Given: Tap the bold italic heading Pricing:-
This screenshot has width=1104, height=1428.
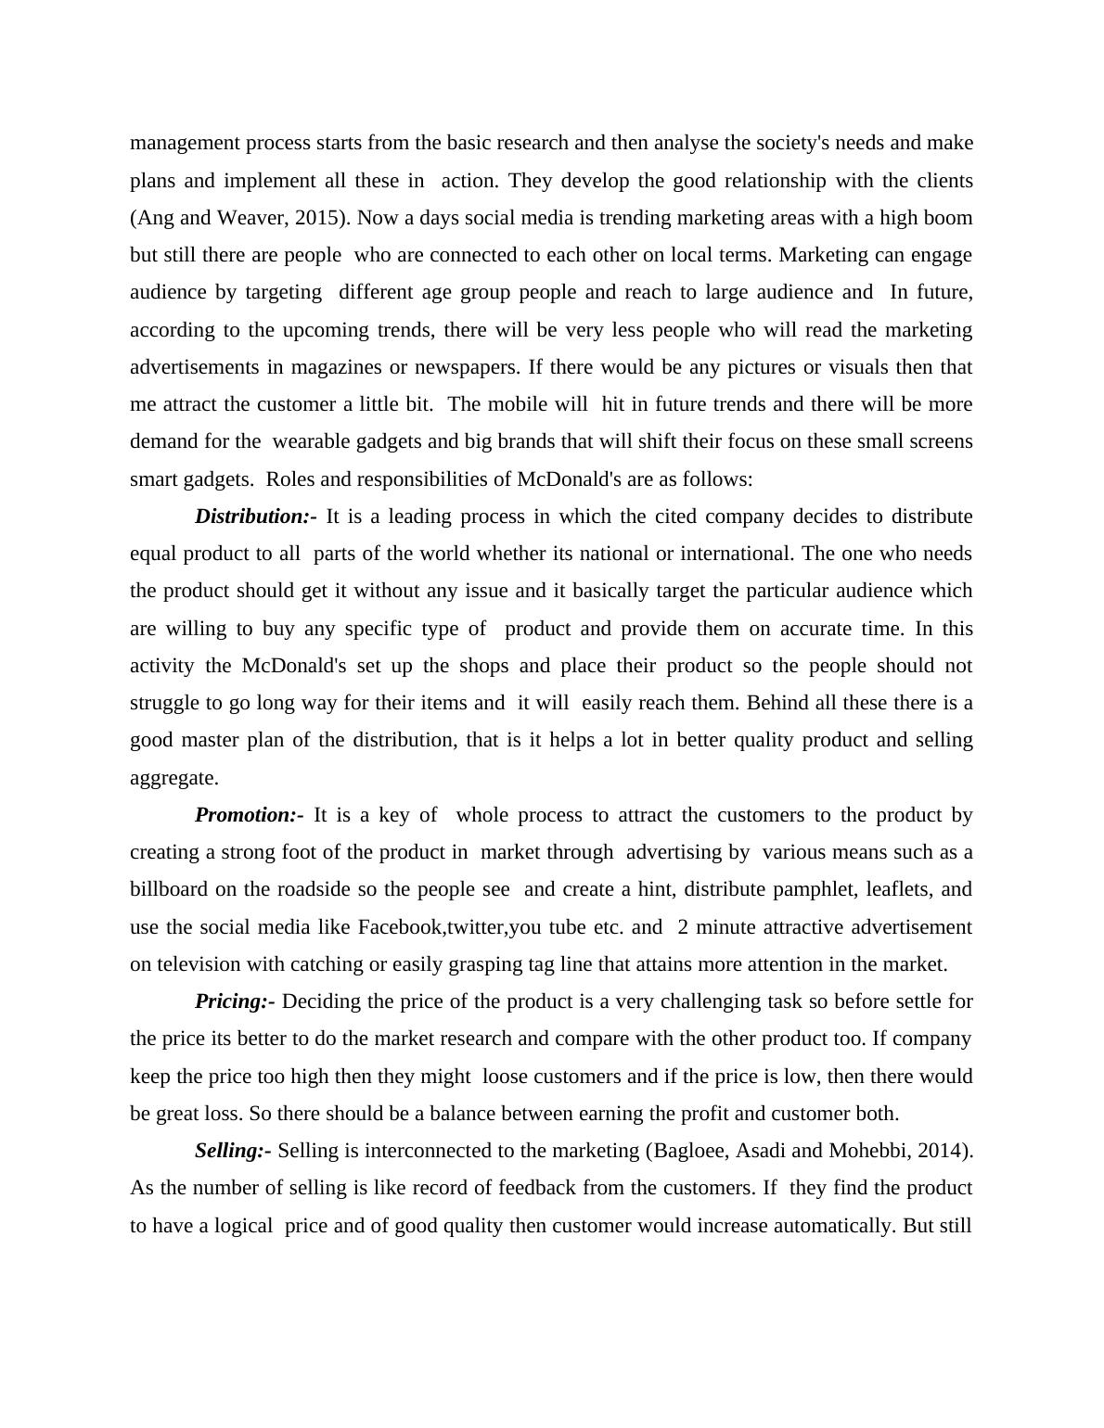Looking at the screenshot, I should [235, 1001].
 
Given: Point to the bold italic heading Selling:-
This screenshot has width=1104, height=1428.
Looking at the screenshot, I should [233, 1151].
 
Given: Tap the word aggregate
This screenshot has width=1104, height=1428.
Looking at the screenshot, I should [173, 778].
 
